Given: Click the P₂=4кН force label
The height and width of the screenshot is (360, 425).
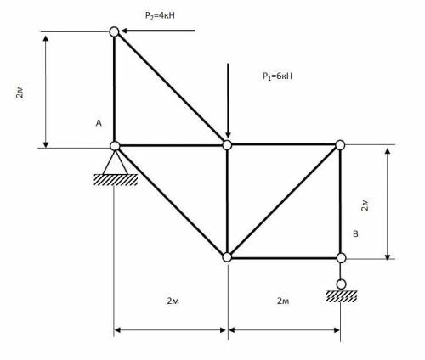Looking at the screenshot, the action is click(x=160, y=15).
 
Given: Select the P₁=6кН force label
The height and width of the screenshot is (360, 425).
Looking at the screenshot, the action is click(x=277, y=76).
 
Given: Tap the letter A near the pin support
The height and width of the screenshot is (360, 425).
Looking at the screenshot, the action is click(x=99, y=123).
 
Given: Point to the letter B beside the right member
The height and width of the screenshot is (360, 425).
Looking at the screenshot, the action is click(x=355, y=234).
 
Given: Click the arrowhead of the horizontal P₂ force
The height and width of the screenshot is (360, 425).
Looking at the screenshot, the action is click(x=124, y=31).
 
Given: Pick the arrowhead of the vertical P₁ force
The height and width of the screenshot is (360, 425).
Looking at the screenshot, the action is click(x=228, y=135).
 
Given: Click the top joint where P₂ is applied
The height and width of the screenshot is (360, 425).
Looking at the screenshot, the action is click(x=114, y=31).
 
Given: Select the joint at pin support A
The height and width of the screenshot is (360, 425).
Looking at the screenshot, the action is click(x=115, y=146).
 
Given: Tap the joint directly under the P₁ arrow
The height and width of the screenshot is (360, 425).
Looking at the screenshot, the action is click(x=227, y=145).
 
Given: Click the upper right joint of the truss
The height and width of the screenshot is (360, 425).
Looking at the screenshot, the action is click(x=340, y=145).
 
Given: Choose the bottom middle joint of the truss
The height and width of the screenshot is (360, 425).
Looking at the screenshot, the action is click(x=227, y=257).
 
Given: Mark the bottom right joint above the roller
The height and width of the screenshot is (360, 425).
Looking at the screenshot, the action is click(x=341, y=258).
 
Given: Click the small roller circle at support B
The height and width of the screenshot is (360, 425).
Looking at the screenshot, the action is click(x=341, y=284).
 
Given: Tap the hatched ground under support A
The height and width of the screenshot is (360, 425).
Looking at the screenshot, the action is click(x=116, y=180).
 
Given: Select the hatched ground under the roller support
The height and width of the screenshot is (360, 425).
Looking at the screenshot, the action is click(x=341, y=296).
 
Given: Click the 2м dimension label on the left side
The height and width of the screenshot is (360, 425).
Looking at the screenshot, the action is click(x=20, y=91).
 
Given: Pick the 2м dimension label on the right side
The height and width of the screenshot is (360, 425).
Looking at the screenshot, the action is click(x=365, y=205).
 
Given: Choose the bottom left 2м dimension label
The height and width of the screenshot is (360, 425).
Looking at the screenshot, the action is click(x=173, y=301).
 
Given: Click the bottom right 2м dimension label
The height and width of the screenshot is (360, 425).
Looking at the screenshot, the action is click(x=283, y=301).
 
